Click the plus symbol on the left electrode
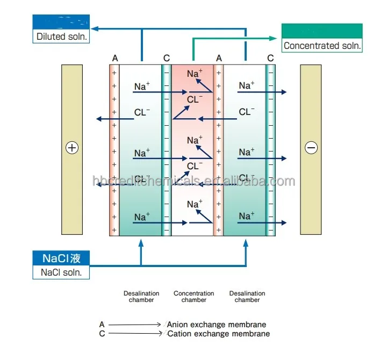click(x=71, y=148)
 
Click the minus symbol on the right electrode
click(x=311, y=148)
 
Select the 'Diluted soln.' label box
click(x=62, y=37)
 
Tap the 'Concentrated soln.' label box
click(x=322, y=46)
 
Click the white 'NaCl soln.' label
click(x=62, y=272)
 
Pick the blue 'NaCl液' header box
click(x=62, y=258)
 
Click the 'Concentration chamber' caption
click(x=193, y=297)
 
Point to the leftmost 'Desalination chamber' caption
click(x=141, y=297)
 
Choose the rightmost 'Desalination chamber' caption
click(x=247, y=297)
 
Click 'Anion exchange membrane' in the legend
click(x=217, y=325)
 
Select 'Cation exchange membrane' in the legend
click(x=218, y=334)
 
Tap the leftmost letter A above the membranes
click(x=114, y=58)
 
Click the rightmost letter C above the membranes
click(x=270, y=58)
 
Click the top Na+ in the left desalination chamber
click(x=142, y=86)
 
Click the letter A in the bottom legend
click(x=102, y=325)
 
